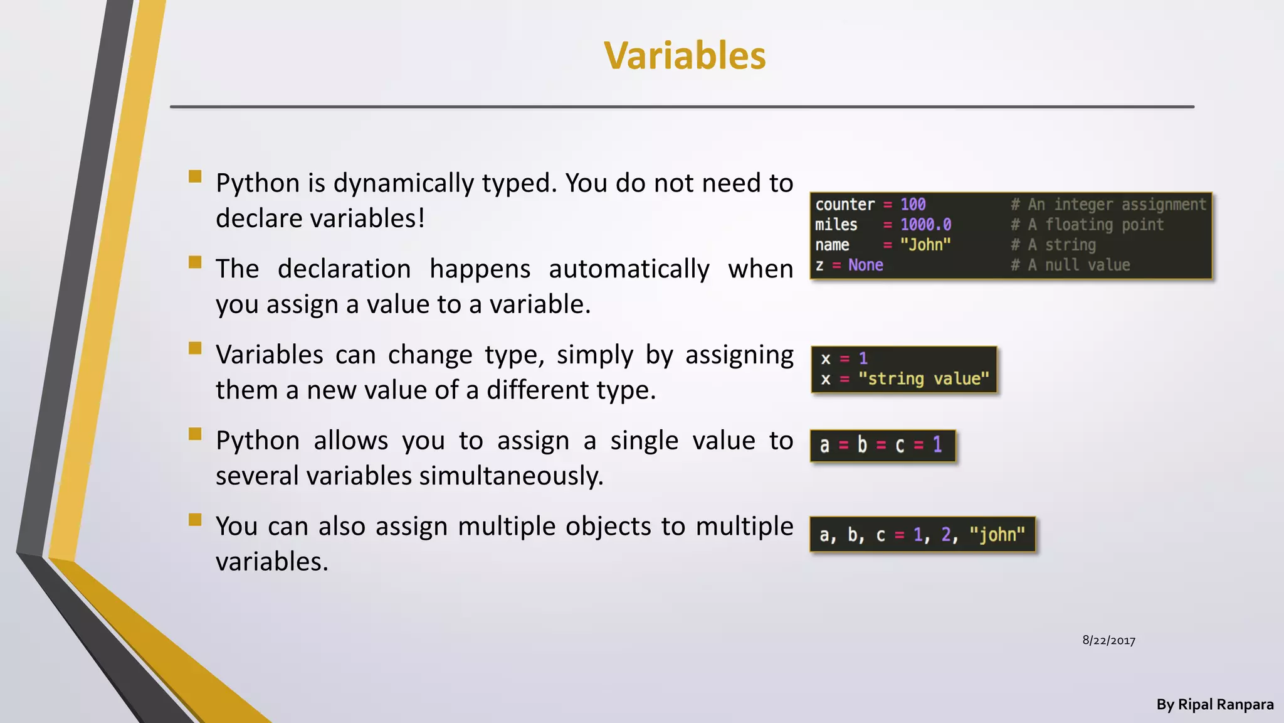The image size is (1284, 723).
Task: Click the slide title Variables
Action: coord(685,55)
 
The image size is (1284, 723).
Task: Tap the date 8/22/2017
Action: coord(1108,641)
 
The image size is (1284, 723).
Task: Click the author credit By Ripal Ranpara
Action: coord(1214,705)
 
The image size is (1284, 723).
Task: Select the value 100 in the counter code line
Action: coord(913,205)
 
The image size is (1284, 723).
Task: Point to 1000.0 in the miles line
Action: coord(925,225)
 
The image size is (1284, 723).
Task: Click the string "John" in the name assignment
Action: coord(925,245)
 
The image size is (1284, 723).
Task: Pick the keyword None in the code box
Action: coord(865,265)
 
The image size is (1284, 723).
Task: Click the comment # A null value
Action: coord(1070,265)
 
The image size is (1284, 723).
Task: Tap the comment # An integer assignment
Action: coord(1108,205)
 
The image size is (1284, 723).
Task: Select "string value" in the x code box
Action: coord(924,379)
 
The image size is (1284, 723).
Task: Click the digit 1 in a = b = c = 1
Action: coord(937,445)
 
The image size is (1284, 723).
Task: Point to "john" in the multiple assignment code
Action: coord(997,535)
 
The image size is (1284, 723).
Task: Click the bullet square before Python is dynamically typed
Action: coord(195,176)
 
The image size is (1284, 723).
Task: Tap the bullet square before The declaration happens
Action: coord(195,262)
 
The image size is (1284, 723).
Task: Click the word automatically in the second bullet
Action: coord(629,269)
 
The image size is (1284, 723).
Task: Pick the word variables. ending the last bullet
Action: coord(272,562)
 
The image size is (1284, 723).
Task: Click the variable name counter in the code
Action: coord(845,205)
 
